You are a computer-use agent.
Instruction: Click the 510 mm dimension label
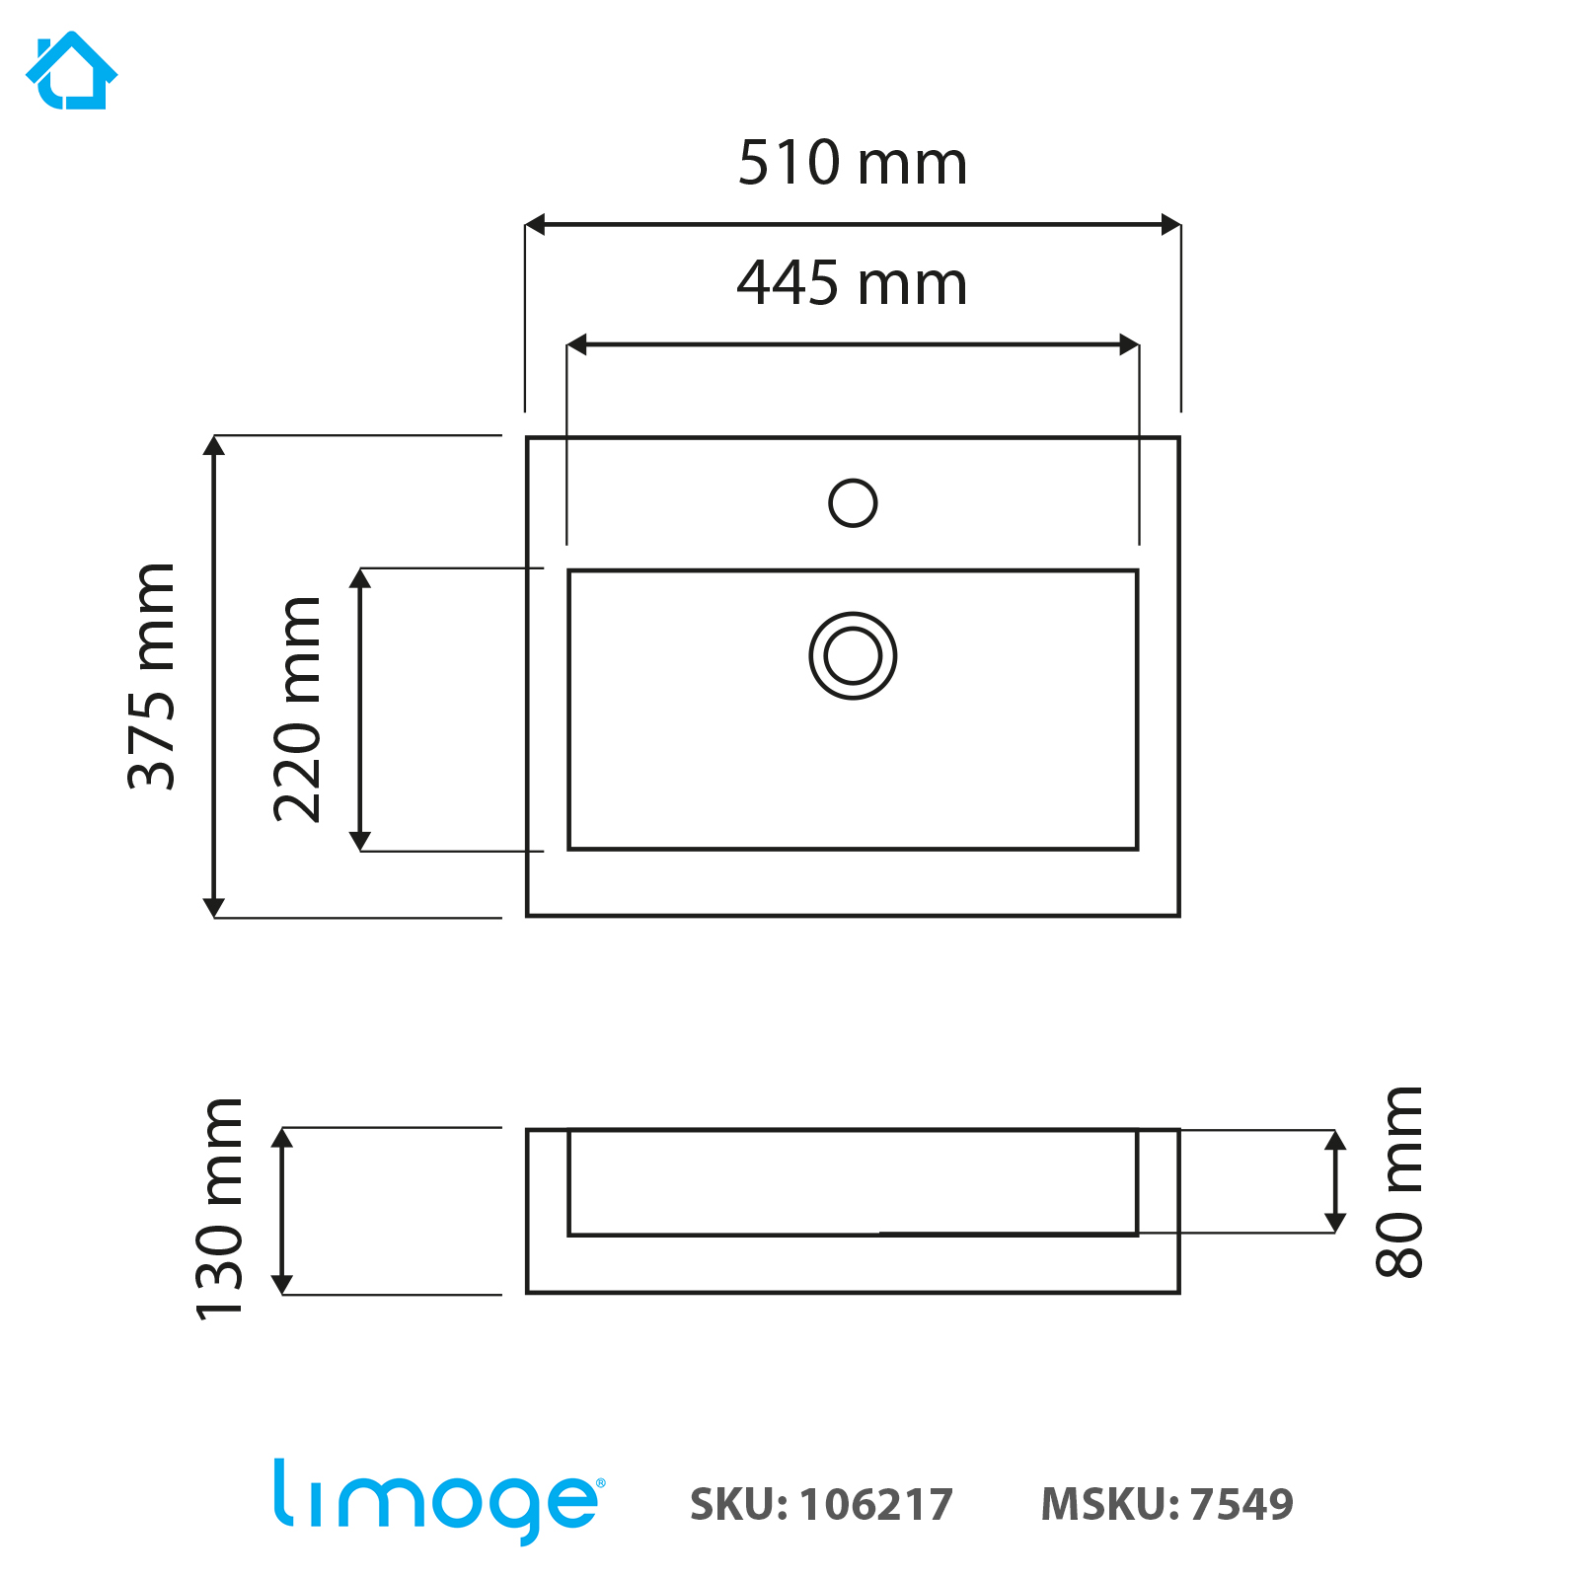853,163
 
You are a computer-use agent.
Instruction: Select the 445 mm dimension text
853,283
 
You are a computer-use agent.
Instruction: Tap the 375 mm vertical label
152,676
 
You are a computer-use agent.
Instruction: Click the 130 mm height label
219,1209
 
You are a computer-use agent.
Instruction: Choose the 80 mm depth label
1399,1181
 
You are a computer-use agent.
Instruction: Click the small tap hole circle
853,502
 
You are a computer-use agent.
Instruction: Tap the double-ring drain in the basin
853,656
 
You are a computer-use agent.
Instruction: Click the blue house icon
71,70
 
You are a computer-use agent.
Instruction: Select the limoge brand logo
438,1500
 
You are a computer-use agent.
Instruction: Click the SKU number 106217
876,1505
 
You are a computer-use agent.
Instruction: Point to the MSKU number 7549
1241,1504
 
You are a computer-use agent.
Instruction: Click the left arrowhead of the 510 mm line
534,225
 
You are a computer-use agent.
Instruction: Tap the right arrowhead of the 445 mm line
1130,344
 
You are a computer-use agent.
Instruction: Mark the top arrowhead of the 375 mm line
214,445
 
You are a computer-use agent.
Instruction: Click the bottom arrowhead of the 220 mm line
360,841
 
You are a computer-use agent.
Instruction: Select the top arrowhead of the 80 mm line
1335,1141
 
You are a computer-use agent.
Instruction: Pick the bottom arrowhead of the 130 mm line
282,1284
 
